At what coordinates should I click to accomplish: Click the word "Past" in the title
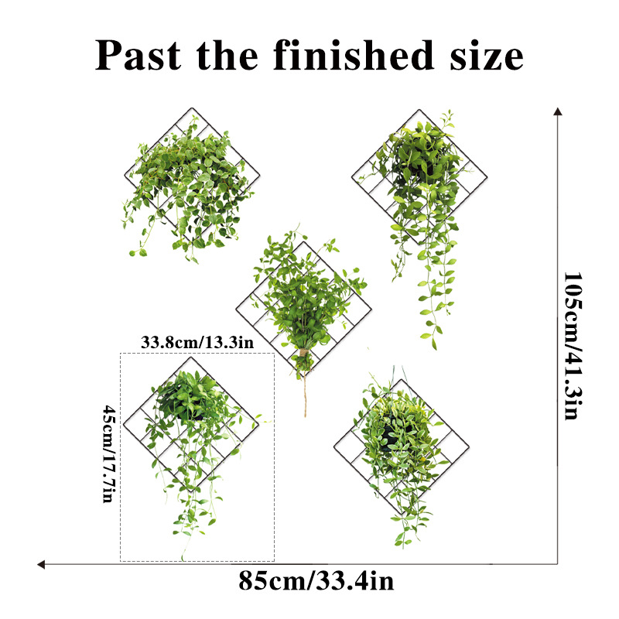pos(139,56)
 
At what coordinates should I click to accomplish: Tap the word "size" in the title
pos(485,56)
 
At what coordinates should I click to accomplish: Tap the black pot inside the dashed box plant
pos(190,406)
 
